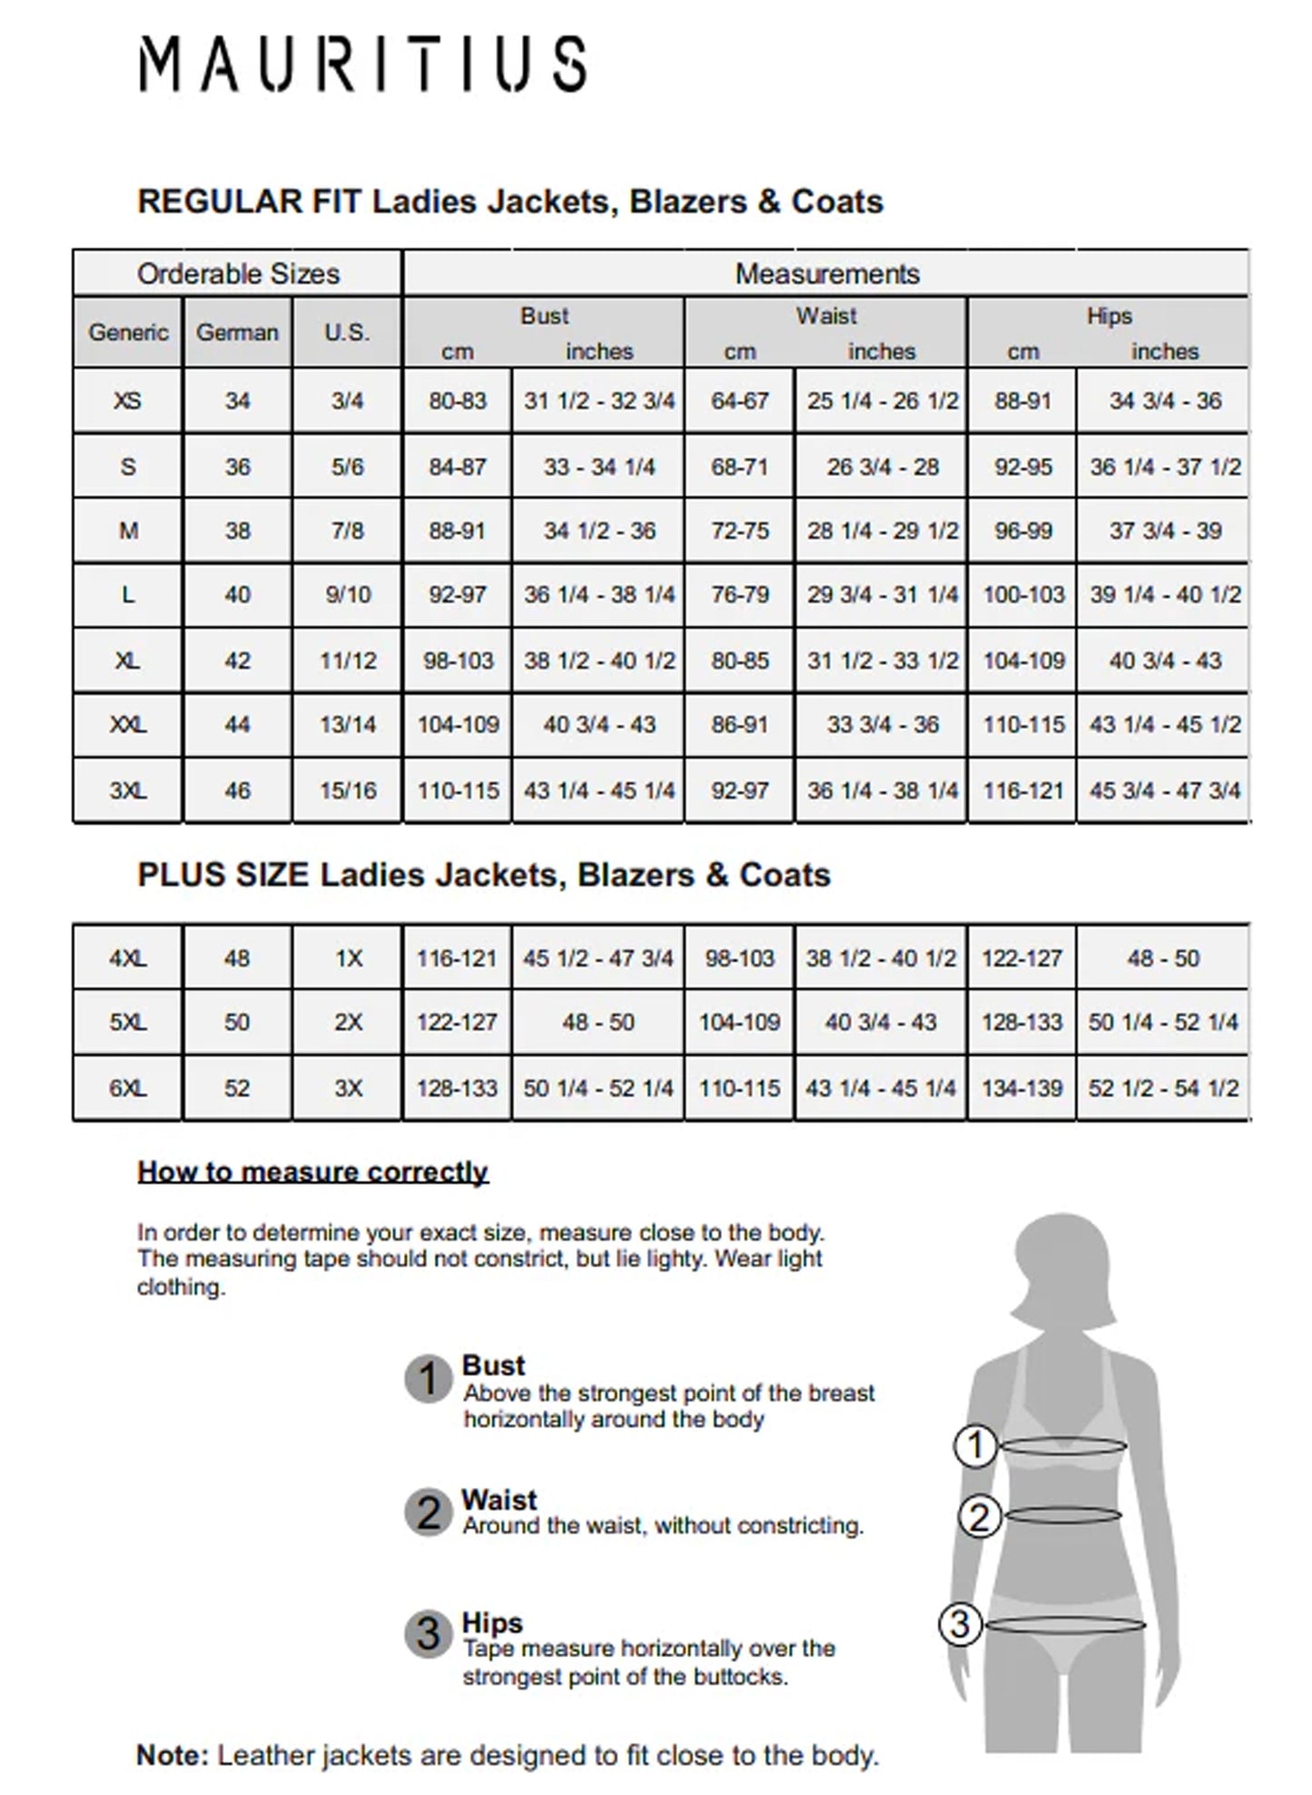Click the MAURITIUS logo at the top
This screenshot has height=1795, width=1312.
click(362, 64)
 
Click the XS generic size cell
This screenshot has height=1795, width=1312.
click(128, 401)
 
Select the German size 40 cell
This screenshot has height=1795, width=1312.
click(237, 595)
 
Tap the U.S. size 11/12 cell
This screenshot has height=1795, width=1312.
click(347, 660)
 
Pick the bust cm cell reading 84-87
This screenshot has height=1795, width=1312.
click(458, 467)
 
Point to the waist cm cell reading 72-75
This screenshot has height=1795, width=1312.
click(740, 531)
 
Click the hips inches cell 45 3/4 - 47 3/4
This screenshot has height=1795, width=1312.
click(1164, 790)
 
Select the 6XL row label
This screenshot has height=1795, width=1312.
click(128, 1088)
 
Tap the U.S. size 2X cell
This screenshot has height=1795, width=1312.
click(348, 1022)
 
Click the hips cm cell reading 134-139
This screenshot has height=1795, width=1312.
click(1022, 1088)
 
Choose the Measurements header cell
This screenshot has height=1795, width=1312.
click(826, 273)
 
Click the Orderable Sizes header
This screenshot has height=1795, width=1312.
click(238, 273)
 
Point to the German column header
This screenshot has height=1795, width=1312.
click(237, 332)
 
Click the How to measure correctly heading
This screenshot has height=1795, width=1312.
click(312, 1172)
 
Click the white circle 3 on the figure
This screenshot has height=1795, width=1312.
click(960, 1624)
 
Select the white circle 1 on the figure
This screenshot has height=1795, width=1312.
click(976, 1445)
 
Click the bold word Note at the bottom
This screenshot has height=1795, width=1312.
click(173, 1755)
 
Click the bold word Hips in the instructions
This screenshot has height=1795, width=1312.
click(492, 1622)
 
